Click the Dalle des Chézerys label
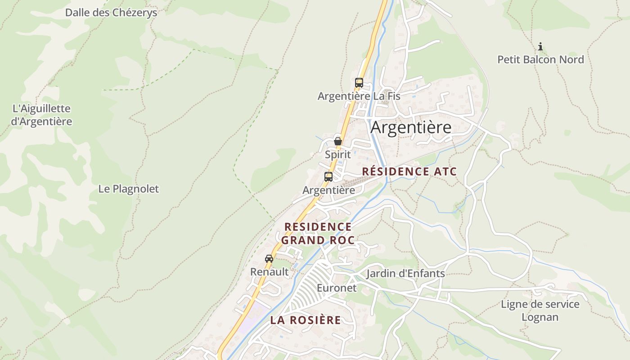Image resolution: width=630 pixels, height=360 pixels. pos(111,13)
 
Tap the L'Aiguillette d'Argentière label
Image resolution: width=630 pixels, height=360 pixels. pos(41,115)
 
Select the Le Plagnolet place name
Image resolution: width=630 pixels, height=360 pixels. pos(128,189)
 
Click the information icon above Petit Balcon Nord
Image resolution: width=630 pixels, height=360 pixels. pos(540,46)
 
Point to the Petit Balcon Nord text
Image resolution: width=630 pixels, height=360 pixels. pos(540,59)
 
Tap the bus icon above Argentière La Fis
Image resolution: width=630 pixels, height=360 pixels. pos(359,83)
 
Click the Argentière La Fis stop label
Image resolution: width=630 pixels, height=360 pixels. pos(359,96)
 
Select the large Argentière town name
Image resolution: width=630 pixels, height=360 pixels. pos(411,127)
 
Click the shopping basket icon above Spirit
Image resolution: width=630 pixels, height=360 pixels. pos(338,141)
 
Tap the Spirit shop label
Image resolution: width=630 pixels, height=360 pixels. pos(337,154)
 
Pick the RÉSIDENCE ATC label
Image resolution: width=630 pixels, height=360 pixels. pos(409,171)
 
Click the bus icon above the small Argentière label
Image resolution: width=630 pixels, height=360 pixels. pos(328,177)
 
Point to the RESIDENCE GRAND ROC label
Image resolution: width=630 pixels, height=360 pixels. pos(318,233)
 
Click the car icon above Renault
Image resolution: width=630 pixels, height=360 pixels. pos(269,259)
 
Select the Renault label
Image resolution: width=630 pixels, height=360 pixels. pos(269,272)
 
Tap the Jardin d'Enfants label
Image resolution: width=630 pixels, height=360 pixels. pos(405,273)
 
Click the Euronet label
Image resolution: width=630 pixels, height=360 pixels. pos(336,288)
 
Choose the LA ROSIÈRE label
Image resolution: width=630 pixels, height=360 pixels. pos(306,320)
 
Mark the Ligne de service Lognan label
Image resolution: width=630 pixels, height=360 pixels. pos(540,310)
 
